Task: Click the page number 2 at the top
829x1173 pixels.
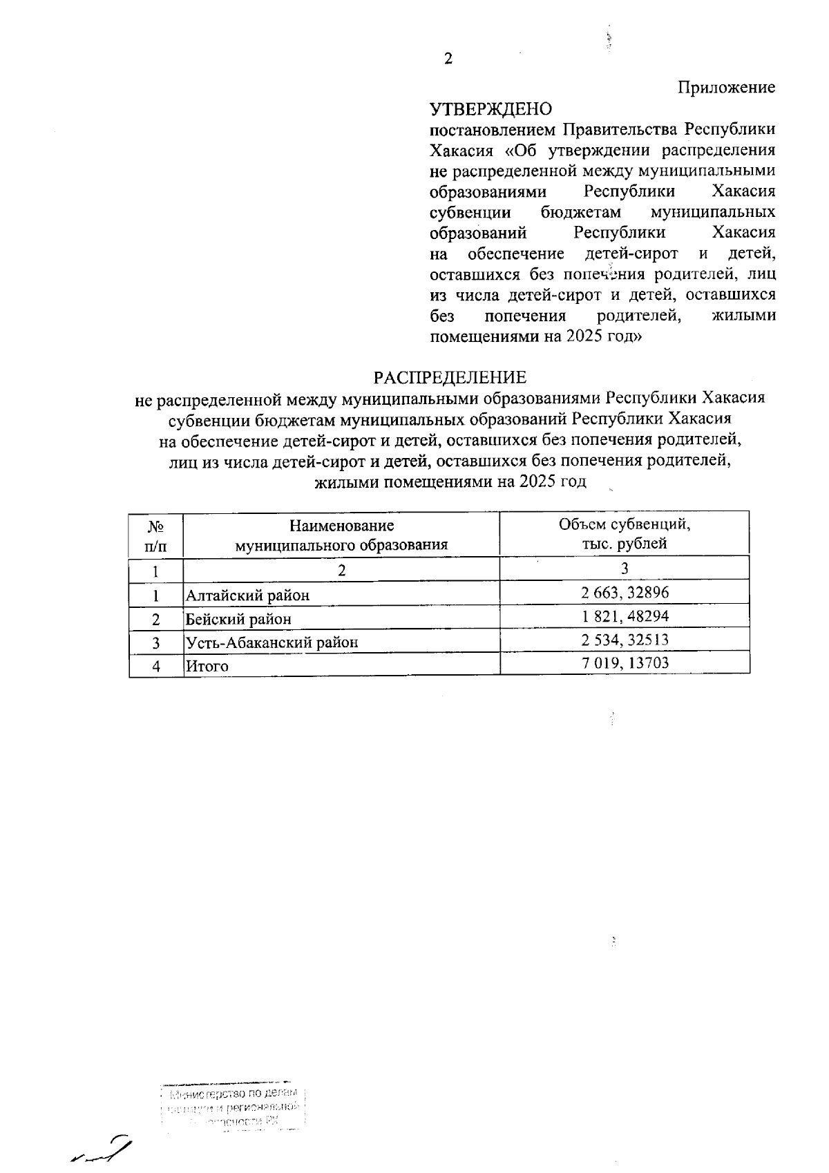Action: [448, 59]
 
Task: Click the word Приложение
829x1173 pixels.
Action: [726, 88]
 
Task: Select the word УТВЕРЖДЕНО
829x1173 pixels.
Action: [491, 109]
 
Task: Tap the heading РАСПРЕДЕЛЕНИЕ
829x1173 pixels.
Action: [450, 377]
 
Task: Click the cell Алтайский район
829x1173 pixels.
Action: [247, 595]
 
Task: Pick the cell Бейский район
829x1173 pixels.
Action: [238, 619]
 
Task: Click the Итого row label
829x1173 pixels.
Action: [207, 667]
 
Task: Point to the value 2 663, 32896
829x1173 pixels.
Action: [625, 592]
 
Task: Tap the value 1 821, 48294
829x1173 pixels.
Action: [625, 616]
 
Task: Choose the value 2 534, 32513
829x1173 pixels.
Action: [625, 640]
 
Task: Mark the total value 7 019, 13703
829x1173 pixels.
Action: [625, 663]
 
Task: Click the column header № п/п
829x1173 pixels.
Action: [156, 535]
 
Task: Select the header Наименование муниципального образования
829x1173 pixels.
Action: [341, 535]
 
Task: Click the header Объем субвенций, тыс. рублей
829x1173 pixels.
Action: [625, 533]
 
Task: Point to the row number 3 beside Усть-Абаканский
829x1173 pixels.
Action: [156, 642]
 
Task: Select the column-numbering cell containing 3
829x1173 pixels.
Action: [625, 569]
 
